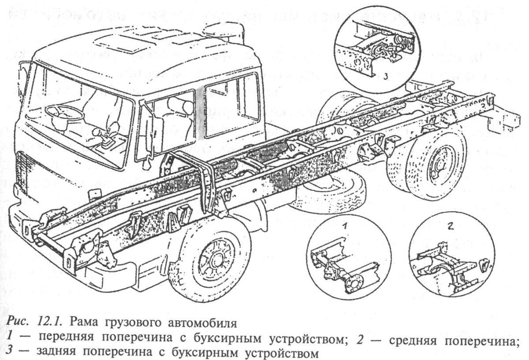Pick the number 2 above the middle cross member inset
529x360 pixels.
(451, 227)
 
